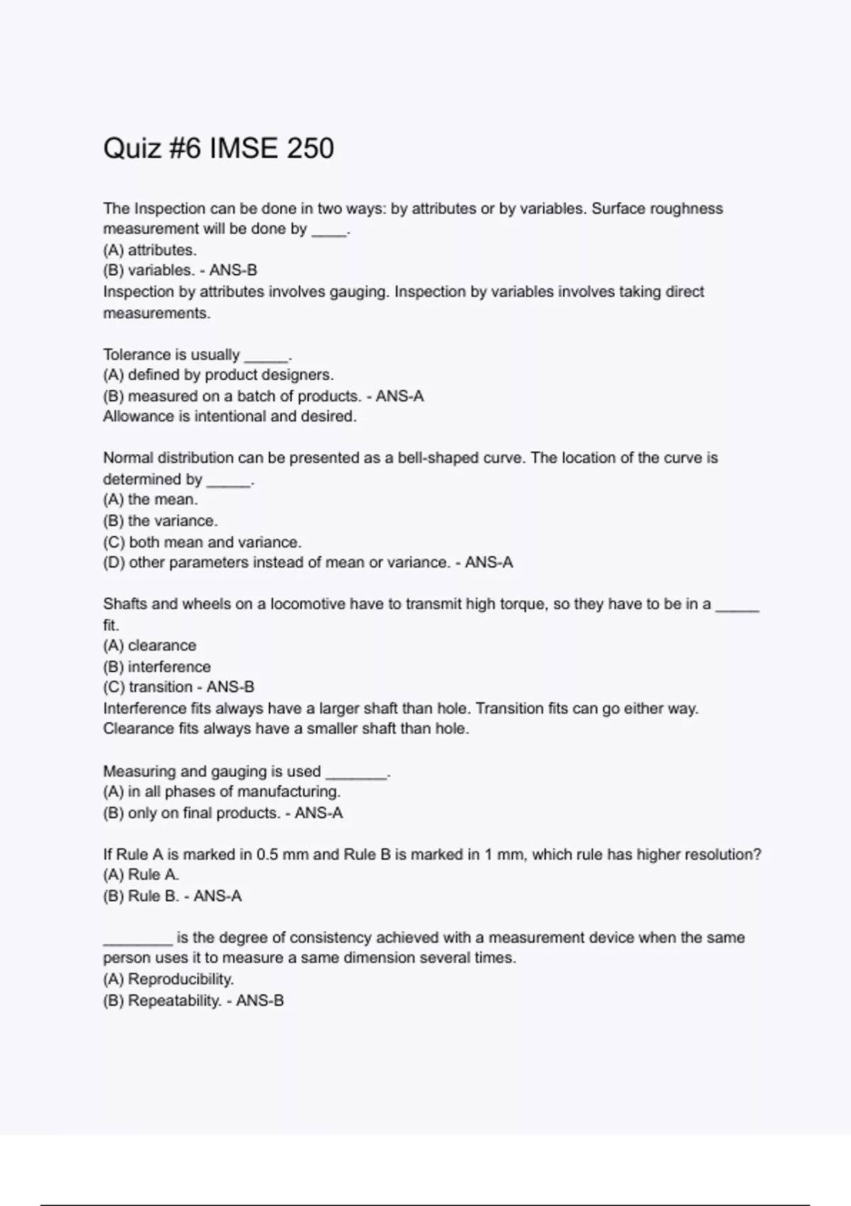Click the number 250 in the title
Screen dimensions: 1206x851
pyautogui.click(x=311, y=148)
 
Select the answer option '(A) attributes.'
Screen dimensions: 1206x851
pyautogui.click(x=150, y=250)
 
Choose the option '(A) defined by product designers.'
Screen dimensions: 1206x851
pyautogui.click(x=218, y=375)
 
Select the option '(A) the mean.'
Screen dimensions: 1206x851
pyautogui.click(x=150, y=499)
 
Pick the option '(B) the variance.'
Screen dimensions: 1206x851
pyautogui.click(x=160, y=521)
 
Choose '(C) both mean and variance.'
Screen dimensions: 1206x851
pyautogui.click(x=202, y=542)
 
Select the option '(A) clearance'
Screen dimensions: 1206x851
pyautogui.click(x=150, y=646)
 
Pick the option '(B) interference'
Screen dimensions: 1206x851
pyautogui.click(x=157, y=667)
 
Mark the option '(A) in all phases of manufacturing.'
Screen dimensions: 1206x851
pyautogui.click(x=222, y=792)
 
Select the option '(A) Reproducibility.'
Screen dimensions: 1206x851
pyautogui.click(x=169, y=980)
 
